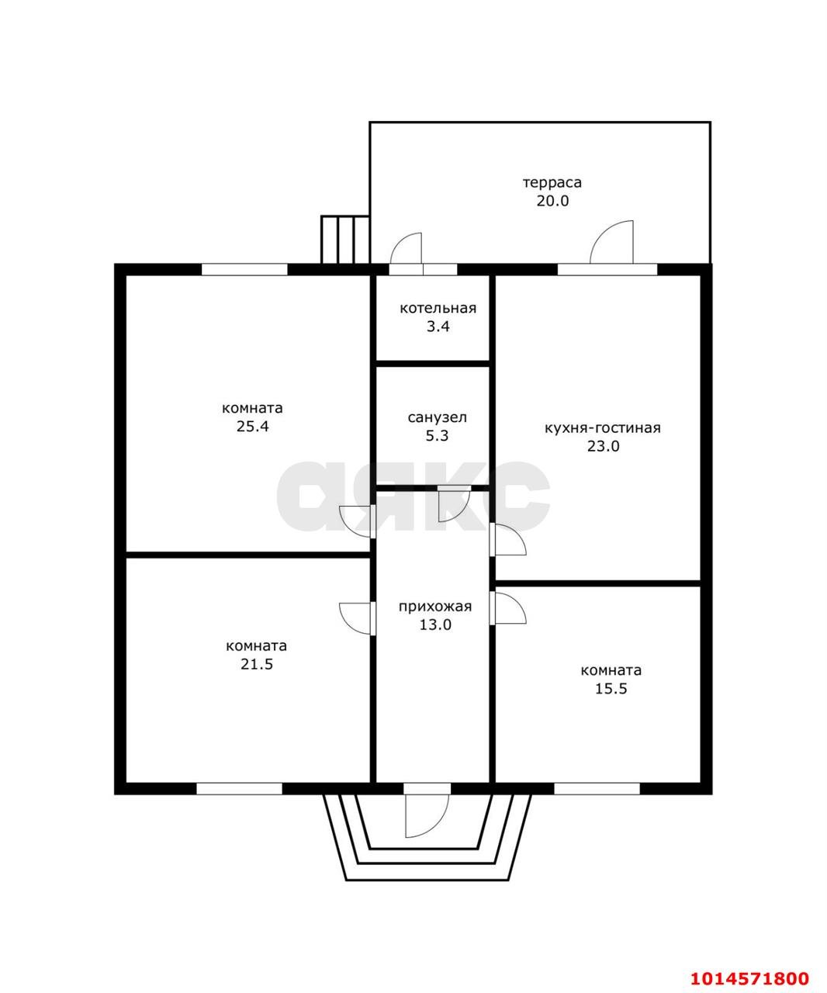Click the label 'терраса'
click(x=552, y=182)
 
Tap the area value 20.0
click(x=552, y=201)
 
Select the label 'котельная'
click(x=438, y=308)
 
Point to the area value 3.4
click(x=438, y=327)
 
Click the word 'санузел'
click(x=438, y=417)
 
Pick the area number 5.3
click(x=437, y=436)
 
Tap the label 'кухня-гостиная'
click(x=603, y=428)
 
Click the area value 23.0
click(x=603, y=446)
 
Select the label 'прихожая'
click(x=435, y=607)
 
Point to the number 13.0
click(x=435, y=625)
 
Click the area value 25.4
click(x=253, y=426)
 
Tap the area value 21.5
click(x=257, y=664)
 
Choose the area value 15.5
click(x=611, y=688)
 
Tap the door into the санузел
click(x=453, y=504)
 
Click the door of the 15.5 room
click(x=509, y=607)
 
